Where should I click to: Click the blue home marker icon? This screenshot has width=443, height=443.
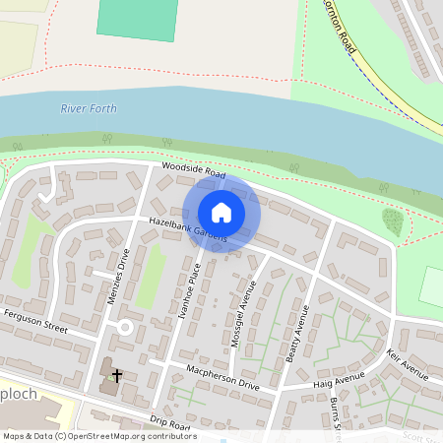221,213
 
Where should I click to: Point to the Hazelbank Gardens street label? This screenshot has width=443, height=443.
187,230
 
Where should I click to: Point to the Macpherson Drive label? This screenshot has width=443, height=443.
224,378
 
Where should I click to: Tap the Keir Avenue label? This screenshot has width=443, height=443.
408,363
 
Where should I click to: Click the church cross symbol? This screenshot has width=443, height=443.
117,375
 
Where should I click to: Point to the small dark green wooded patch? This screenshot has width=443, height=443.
392,221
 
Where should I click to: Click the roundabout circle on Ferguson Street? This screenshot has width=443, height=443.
124,326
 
